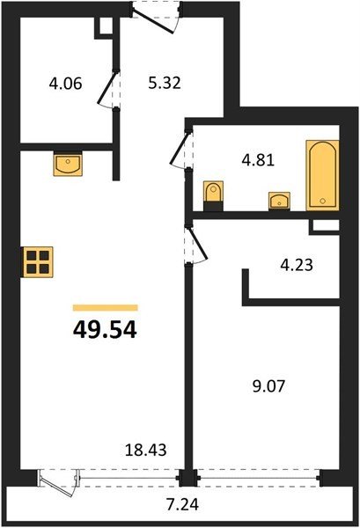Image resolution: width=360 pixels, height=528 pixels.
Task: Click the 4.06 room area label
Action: pyautogui.click(x=65, y=84)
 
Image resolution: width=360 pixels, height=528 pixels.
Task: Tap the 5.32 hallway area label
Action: pyautogui.click(x=165, y=83)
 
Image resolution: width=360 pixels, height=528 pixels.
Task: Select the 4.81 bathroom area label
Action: pyautogui.click(x=258, y=160)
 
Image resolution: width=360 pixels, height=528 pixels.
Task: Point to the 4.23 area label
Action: pyautogui.click(x=297, y=265)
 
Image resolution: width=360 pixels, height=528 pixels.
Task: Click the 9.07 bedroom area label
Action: pyautogui.click(x=269, y=386)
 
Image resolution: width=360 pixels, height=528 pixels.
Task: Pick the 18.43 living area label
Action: pyautogui.click(x=146, y=450)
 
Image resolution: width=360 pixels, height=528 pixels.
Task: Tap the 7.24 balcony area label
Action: pyautogui.click(x=182, y=504)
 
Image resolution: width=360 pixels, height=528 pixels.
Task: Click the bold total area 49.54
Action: pyautogui.click(x=105, y=330)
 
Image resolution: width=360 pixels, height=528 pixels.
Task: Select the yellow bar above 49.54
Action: pyautogui.click(x=106, y=307)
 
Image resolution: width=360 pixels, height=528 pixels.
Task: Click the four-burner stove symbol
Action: pyautogui.click(x=37, y=262)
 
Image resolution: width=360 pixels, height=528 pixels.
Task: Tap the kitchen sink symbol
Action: pyautogui.click(x=68, y=164)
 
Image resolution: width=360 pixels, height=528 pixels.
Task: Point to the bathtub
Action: pyautogui.click(x=322, y=175)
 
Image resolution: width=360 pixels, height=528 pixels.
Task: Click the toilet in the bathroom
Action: pyautogui.click(x=214, y=195)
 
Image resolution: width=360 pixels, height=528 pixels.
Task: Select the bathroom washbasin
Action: pyautogui.click(x=279, y=201)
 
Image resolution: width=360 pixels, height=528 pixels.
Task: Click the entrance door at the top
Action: pyautogui.click(x=153, y=21)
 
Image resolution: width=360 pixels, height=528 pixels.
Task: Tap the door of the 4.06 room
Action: pyautogui.click(x=107, y=87)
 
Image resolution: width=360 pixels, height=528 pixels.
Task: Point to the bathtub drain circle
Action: pyautogui.click(x=323, y=201)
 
